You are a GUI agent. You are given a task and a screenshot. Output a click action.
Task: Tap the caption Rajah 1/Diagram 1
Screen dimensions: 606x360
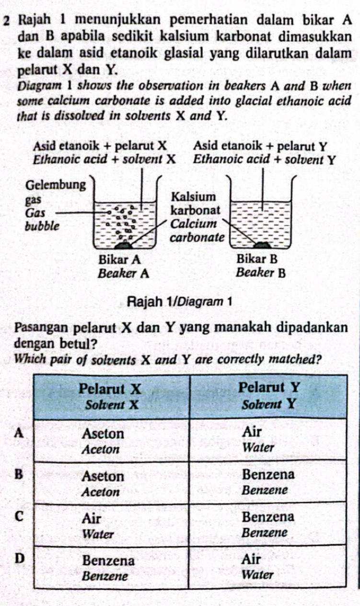pyautogui.click(x=179, y=302)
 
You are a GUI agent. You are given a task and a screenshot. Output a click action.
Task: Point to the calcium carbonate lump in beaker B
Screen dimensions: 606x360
pyautogui.click(x=262, y=245)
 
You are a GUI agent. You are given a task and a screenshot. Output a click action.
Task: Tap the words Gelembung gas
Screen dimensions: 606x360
pyautogui.click(x=55, y=192)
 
